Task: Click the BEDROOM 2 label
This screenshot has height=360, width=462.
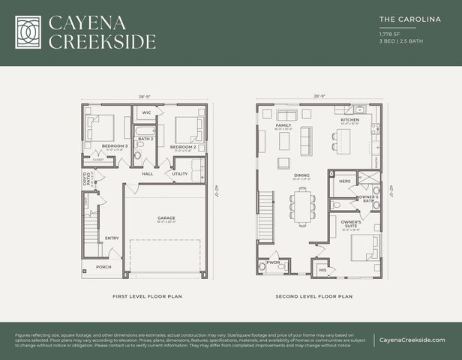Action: tap(183, 146)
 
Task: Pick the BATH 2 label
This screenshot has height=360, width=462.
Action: tap(145, 139)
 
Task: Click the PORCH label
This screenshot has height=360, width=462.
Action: tap(103, 267)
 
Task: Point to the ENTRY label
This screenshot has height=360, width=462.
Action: tap(112, 238)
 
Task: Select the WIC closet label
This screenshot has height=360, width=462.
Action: tap(147, 112)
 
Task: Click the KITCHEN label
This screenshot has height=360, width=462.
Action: tap(350, 119)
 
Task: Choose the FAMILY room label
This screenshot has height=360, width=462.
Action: tap(283, 125)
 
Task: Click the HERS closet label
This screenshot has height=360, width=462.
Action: tap(345, 181)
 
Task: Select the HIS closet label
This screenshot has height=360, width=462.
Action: tap(323, 269)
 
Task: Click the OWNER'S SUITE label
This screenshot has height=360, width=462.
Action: tap(351, 224)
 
